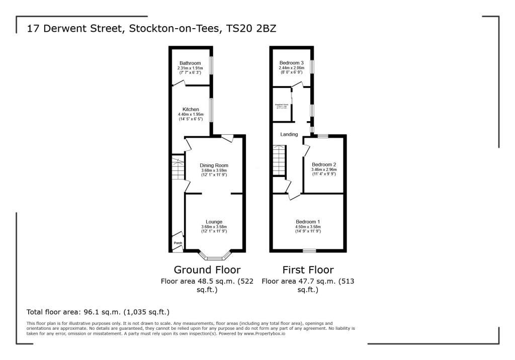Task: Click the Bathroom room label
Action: click(190, 63)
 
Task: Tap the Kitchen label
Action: click(191, 110)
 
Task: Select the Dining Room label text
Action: click(214, 165)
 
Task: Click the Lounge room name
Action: click(214, 222)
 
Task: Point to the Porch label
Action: click(178, 243)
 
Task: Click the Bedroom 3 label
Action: click(292, 63)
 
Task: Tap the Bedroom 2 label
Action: click(324, 165)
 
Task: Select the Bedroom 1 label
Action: click(308, 222)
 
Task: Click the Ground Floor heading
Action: click(207, 270)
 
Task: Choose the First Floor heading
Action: click(308, 270)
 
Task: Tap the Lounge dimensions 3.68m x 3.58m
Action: click(214, 227)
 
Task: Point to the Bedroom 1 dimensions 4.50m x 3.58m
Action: click(308, 227)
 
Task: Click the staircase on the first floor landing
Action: click(279, 161)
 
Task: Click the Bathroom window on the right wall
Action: click(211, 65)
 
